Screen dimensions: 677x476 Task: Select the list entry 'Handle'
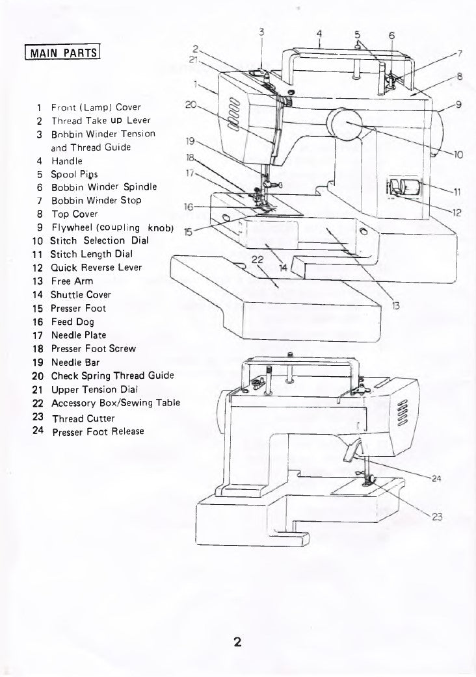tap(66, 160)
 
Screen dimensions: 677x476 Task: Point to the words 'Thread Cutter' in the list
tap(83, 418)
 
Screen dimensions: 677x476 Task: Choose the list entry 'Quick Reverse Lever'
tap(96, 267)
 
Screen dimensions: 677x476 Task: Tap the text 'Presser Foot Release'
tap(98, 431)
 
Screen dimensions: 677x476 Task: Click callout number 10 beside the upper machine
tap(458, 155)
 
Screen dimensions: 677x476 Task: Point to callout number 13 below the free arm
tap(395, 305)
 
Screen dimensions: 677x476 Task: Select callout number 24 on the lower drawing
tap(436, 479)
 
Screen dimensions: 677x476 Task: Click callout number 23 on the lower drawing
tap(436, 517)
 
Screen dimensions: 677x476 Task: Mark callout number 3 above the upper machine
tap(261, 32)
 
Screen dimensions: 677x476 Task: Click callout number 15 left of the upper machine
tap(188, 232)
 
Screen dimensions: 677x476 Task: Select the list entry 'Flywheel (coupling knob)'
tap(111, 227)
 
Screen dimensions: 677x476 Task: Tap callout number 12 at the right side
tap(458, 211)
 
